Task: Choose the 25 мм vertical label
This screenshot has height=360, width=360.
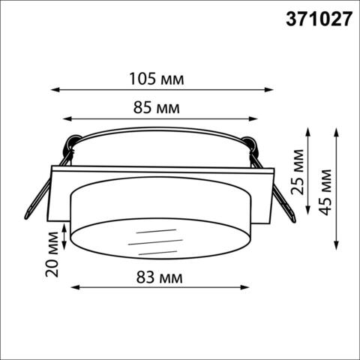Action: [x=298, y=175]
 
